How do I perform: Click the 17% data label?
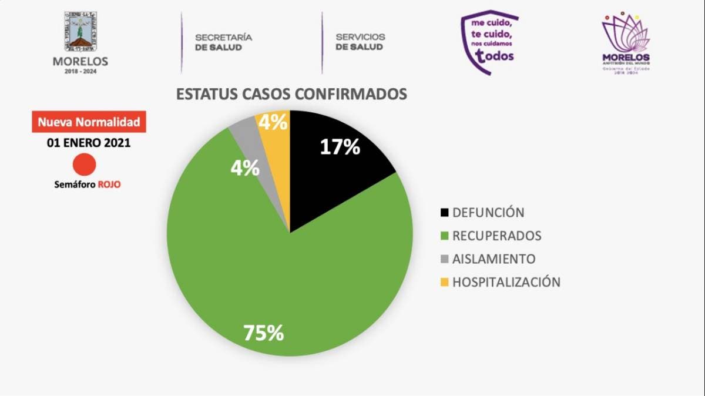pyautogui.click(x=340, y=147)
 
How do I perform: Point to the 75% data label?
pyautogui.click(x=264, y=333)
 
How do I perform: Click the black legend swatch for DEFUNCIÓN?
pyautogui.click(x=444, y=213)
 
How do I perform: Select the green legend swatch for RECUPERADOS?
pyautogui.click(x=444, y=236)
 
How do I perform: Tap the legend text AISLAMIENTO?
pyautogui.click(x=493, y=259)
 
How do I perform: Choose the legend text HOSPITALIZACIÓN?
pyautogui.click(x=506, y=282)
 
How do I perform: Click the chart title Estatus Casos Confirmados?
pyautogui.click(x=292, y=94)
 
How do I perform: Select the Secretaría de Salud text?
pyautogui.click(x=223, y=42)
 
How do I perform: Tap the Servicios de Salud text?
pyautogui.click(x=360, y=42)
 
